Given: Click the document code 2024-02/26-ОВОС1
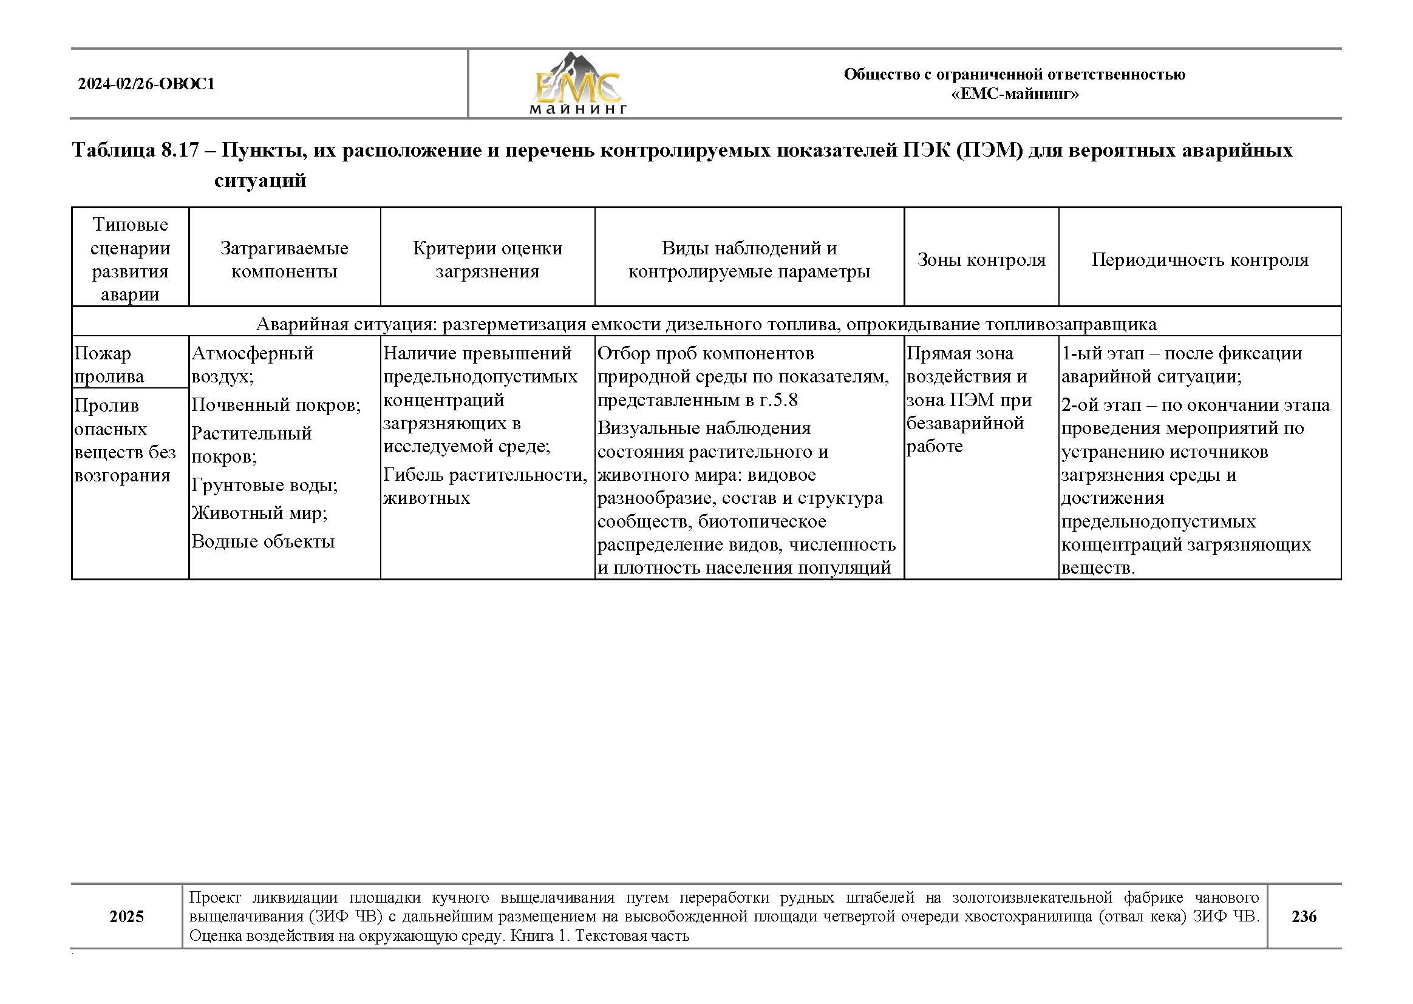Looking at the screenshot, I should pyautogui.click(x=146, y=84).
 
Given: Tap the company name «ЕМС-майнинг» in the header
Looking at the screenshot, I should pyautogui.click(x=1014, y=94).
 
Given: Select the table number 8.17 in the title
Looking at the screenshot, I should pyautogui.click(x=179, y=150).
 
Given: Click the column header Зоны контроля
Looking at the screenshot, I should pyautogui.click(x=981, y=260).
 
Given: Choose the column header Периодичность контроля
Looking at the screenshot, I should pyautogui.click(x=1200, y=260).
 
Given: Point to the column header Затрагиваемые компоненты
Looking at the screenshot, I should pyautogui.click(x=284, y=260).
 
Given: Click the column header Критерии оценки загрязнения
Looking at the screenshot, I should pyautogui.click(x=487, y=260).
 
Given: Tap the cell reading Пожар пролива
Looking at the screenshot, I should pyautogui.click(x=109, y=365).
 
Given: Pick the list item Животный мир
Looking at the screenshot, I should pyautogui.click(x=259, y=512).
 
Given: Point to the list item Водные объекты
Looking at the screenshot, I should pyautogui.click(x=263, y=541).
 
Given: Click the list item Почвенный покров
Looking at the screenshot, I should pyautogui.click(x=275, y=405).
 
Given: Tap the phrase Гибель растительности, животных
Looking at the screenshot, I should pyautogui.click(x=484, y=486).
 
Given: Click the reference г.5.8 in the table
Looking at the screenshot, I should pyautogui.click(x=778, y=400).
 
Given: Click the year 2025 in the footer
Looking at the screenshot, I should pyautogui.click(x=127, y=916).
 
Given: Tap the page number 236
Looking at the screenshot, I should pyautogui.click(x=1304, y=916).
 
